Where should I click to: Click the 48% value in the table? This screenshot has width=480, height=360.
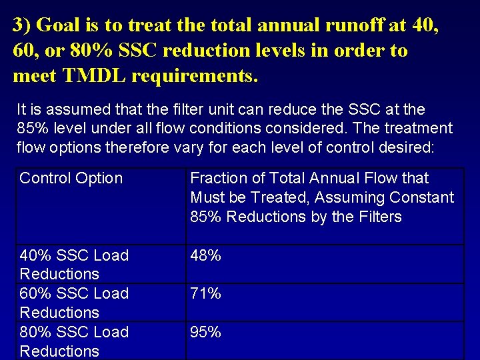pos(205,255)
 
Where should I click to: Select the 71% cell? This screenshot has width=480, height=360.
pos(205,293)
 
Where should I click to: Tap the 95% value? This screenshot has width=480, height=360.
pos(205,332)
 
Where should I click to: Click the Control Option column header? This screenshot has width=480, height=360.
pos(71,179)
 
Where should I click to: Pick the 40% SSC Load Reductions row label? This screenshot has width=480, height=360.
pos(74,265)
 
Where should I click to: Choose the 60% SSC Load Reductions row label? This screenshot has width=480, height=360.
pos(74,303)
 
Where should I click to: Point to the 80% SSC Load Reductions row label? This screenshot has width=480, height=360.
pos(74,341)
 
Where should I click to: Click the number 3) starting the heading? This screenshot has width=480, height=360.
pos(22,25)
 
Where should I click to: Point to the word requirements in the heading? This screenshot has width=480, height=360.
pos(193,76)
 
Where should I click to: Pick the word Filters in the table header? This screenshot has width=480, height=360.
pos(379,217)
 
